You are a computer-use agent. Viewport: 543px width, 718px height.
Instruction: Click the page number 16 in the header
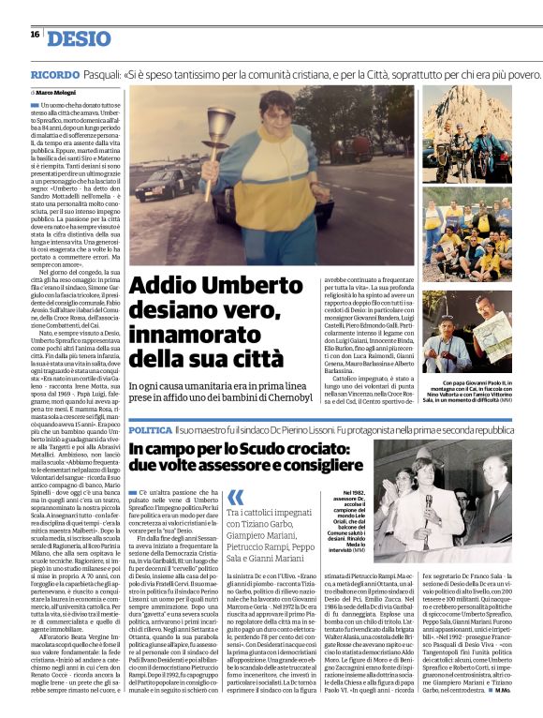tap(34, 35)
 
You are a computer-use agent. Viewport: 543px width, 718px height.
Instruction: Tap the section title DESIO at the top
tap(78, 37)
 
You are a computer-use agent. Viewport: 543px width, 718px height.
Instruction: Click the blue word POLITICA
tap(151, 428)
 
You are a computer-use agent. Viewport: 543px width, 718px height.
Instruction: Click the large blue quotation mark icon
tap(236, 498)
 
